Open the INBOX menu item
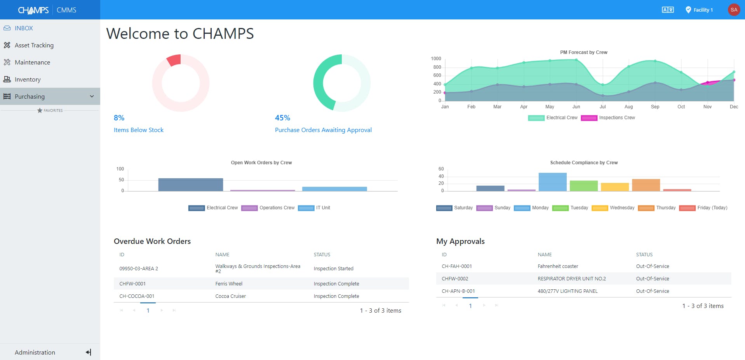point(24,28)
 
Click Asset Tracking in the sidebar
point(34,45)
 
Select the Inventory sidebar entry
point(28,80)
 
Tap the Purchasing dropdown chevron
point(92,96)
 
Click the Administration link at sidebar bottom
point(35,352)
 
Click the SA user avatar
point(733,10)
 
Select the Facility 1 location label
point(703,10)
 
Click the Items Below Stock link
point(138,130)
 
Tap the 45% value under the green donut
point(282,118)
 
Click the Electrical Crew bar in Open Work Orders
point(190,184)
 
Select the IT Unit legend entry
point(323,208)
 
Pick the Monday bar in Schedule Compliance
point(552,182)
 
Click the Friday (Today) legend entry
point(712,208)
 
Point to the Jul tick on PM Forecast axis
point(602,107)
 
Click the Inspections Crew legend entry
point(616,118)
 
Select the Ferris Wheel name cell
point(229,284)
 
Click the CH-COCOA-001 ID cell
point(137,296)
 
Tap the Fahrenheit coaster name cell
point(558,266)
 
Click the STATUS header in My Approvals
point(644,255)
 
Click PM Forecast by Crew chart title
point(583,52)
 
